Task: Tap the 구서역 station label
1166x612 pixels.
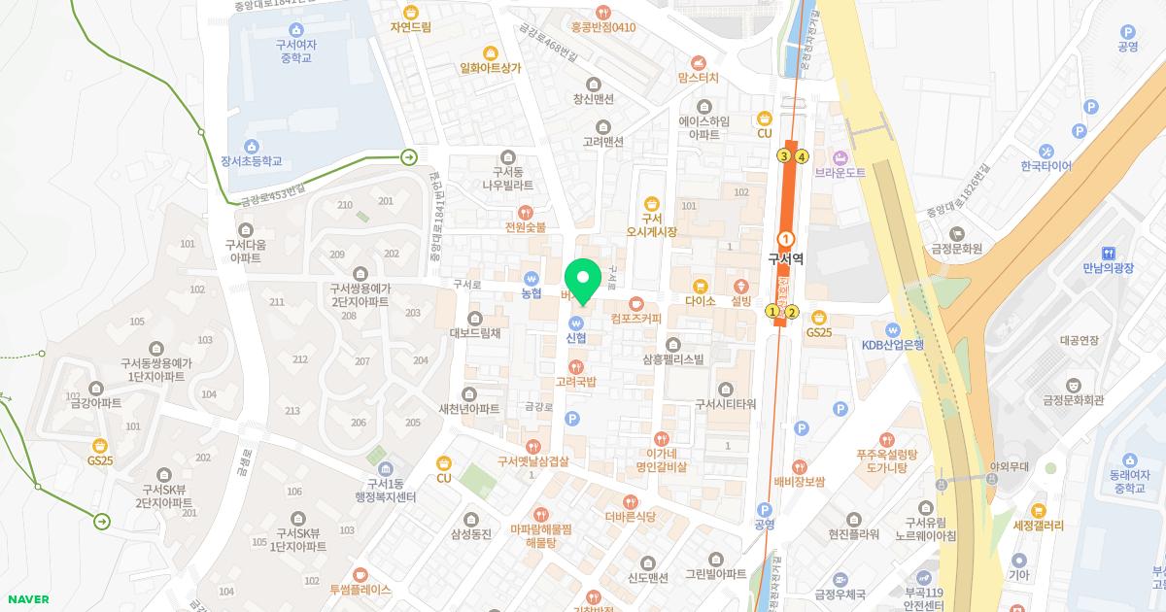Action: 785,259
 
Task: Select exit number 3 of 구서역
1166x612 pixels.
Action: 783,155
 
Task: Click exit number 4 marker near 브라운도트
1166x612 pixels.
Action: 802,155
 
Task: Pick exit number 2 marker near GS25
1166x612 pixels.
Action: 792,312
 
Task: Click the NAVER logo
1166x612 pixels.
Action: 26,599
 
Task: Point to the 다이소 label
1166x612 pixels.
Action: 700,301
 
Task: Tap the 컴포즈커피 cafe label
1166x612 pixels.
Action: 635,318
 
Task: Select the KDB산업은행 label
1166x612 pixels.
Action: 893,344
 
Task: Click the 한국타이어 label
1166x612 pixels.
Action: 1046,166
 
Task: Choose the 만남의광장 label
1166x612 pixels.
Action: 1108,268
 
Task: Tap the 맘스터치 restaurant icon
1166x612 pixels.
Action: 698,62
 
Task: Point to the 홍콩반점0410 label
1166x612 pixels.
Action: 603,27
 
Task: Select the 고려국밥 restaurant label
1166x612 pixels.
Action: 576,382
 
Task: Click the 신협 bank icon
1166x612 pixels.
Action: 575,323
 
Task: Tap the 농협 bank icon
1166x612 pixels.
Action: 531,277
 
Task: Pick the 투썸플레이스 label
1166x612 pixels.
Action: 360,589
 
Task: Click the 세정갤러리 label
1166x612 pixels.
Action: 1038,525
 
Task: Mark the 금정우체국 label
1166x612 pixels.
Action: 840,595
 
